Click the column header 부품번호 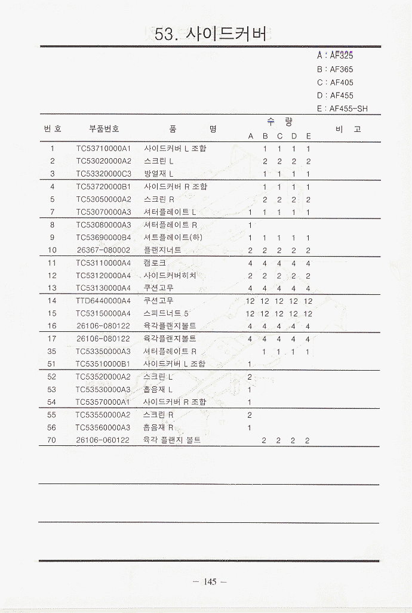coord(104,128)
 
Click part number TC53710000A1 coord(103,149)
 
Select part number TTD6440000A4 coord(103,301)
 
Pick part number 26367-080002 coord(103,250)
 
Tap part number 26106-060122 coord(103,441)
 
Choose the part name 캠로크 coord(155,263)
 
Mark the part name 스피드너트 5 coord(166,313)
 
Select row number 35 coord(52,352)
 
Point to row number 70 coord(52,441)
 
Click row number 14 coord(52,301)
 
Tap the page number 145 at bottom coord(210,582)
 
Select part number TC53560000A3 coord(103,427)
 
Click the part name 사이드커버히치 coord(170,276)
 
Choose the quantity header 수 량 coord(279,122)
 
